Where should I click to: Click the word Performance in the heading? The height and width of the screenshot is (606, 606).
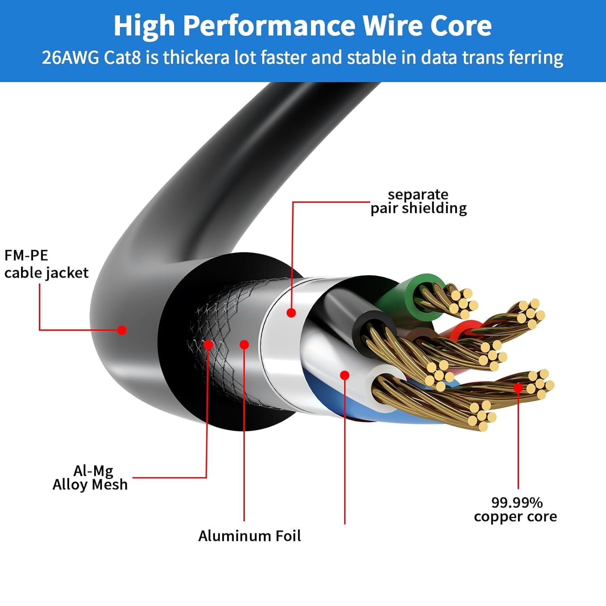(x=269, y=26)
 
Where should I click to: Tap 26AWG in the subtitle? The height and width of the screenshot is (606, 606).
(x=70, y=57)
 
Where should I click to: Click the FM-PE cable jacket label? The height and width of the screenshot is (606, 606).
(x=46, y=264)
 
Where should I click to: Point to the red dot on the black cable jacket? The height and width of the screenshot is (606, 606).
(x=122, y=330)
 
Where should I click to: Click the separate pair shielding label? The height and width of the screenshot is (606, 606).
(x=419, y=201)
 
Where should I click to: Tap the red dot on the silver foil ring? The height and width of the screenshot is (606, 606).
(x=291, y=312)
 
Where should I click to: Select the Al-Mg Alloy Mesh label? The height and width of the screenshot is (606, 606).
(x=90, y=478)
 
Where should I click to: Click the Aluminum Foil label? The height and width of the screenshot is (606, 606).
(x=249, y=536)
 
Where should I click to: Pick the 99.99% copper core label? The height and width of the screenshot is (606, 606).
(x=516, y=509)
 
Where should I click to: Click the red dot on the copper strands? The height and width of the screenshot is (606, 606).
(x=518, y=388)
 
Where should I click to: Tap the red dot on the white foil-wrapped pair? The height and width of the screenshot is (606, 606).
(x=345, y=375)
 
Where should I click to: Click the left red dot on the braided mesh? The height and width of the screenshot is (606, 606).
(x=208, y=345)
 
